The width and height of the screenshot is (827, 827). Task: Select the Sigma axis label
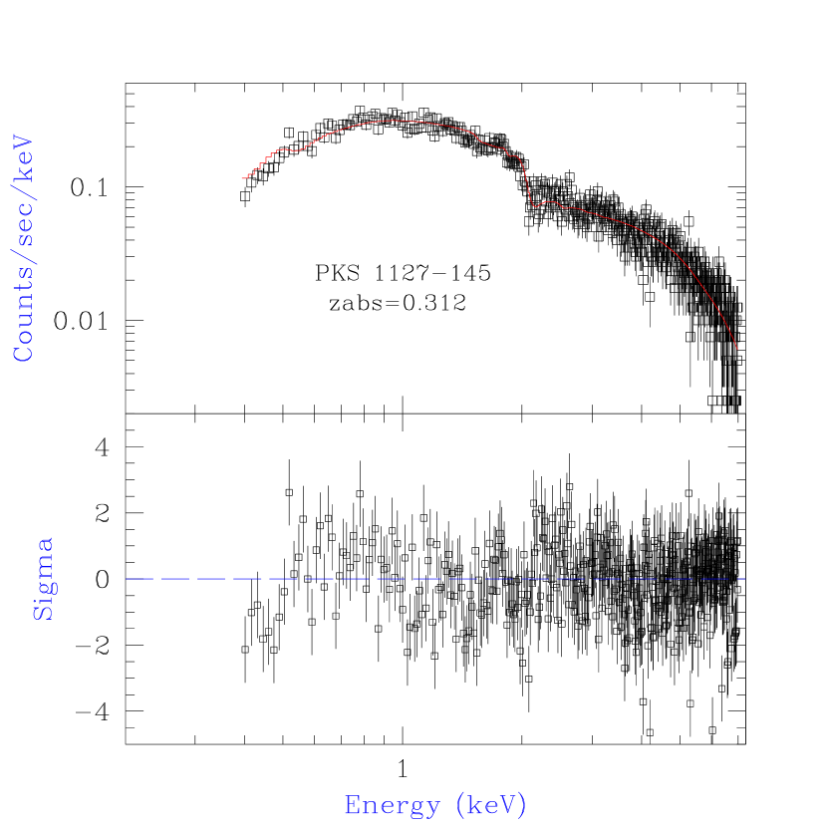(x=44, y=579)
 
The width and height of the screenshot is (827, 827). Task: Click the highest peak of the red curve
(x=391, y=121)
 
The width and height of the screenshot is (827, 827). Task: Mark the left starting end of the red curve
(x=242, y=178)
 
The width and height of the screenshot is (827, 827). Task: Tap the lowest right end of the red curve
(x=737, y=350)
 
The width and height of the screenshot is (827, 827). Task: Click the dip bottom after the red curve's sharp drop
(x=535, y=206)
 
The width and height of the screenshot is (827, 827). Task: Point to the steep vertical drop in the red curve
(x=526, y=184)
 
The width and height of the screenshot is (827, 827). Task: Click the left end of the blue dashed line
(x=128, y=578)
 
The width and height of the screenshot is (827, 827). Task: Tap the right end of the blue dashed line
(x=743, y=578)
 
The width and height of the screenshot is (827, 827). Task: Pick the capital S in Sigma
(x=44, y=611)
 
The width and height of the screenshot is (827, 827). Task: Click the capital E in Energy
(x=352, y=805)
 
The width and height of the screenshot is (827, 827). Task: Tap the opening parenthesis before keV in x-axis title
(x=457, y=805)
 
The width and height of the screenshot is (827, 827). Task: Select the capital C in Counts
(x=23, y=354)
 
